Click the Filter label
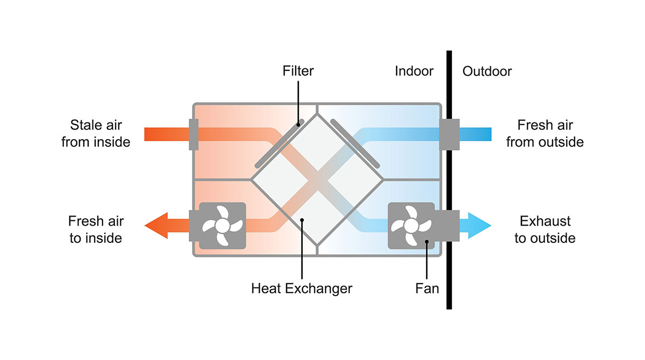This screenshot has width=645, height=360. [298, 71]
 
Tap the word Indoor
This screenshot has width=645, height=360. [414, 71]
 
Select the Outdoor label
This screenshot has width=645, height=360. [487, 71]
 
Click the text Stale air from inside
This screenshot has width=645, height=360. [96, 134]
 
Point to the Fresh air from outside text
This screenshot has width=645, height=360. [545, 134]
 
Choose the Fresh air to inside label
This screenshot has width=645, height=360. [96, 229]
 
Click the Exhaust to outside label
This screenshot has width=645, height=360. [545, 229]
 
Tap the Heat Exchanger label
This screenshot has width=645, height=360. [302, 289]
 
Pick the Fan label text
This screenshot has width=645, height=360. [427, 289]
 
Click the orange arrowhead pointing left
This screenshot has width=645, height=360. [156, 225]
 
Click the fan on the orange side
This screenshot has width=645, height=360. [223, 225]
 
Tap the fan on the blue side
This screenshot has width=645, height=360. [411, 225]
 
